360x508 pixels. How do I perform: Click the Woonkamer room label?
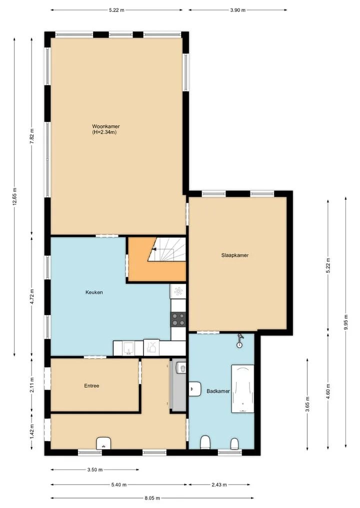[105, 126]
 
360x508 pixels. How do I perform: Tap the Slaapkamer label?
[235, 255]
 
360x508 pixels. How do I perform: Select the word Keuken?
[94, 292]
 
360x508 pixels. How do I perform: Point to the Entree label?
[91, 386]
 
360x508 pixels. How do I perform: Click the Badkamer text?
[218, 391]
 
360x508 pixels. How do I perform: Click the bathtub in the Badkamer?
[242, 389]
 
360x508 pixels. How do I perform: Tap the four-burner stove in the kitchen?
[178, 319]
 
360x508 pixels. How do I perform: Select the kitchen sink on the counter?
[128, 348]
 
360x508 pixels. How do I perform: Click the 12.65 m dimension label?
[14, 196]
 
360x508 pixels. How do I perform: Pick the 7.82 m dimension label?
[32, 136]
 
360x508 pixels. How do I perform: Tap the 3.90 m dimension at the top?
[237, 10]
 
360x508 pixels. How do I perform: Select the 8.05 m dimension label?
[152, 498]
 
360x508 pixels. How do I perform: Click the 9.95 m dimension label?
[345, 322]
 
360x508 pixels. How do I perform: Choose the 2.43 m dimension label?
[219, 485]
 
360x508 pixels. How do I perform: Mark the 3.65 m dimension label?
[307, 404]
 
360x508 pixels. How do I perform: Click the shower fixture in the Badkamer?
[239, 341]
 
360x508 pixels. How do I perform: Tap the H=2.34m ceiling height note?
[104, 132]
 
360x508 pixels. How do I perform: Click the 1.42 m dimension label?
[32, 432]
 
